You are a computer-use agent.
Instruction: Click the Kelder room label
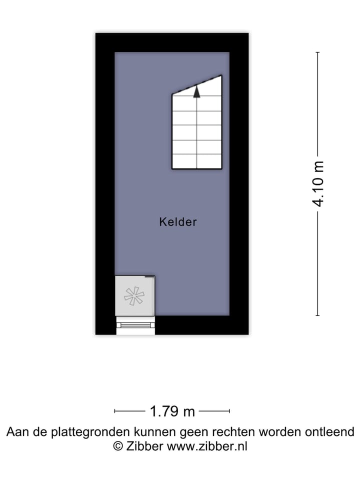178,222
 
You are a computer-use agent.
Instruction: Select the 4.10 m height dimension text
318,183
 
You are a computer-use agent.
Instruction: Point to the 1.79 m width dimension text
172,411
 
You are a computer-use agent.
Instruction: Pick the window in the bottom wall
135,325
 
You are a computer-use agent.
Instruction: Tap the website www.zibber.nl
206,446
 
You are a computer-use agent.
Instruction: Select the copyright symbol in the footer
118,446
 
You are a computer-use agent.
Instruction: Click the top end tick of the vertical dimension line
318,52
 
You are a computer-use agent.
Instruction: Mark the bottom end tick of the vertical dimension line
318,315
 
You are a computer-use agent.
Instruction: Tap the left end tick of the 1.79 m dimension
115,411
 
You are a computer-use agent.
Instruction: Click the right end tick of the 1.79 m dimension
229,411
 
